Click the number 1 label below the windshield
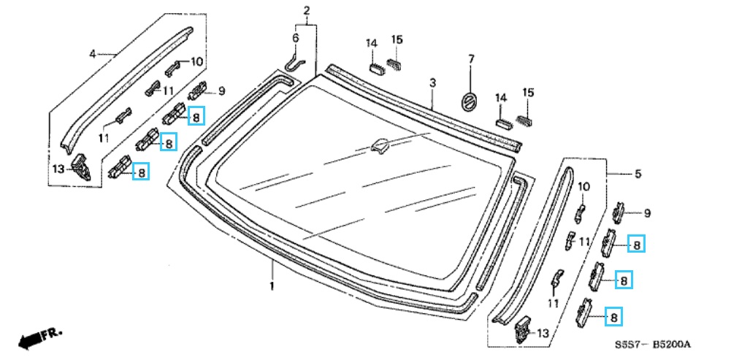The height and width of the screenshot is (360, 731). click(x=272, y=285)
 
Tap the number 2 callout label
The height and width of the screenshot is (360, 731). click(x=306, y=10)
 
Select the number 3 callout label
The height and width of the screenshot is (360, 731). click(x=432, y=84)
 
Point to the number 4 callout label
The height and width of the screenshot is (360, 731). click(x=92, y=55)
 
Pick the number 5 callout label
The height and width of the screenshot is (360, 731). click(x=638, y=174)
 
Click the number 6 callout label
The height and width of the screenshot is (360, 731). click(x=295, y=38)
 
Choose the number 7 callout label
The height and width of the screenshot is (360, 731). click(x=471, y=59)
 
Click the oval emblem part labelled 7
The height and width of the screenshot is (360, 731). click(x=468, y=102)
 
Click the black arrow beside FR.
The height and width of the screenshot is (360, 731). click(x=29, y=341)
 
